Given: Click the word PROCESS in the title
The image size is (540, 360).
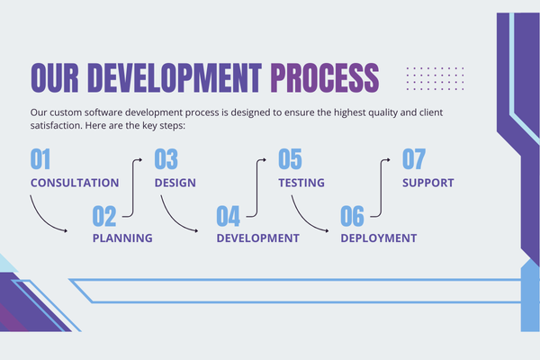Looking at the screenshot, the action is click(x=325, y=77).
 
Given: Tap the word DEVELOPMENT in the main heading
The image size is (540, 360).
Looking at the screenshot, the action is click(x=175, y=77).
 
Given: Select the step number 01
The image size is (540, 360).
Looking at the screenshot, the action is click(x=40, y=159).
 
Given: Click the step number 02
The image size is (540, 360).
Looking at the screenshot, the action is click(x=104, y=216).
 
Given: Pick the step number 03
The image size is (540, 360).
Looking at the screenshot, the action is click(x=166, y=159).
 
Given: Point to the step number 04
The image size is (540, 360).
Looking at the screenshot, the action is click(x=228, y=216).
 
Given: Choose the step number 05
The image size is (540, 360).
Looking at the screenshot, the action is click(x=290, y=159).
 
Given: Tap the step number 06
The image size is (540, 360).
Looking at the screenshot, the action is click(x=352, y=216).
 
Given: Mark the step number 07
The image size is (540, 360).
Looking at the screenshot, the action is click(x=414, y=159).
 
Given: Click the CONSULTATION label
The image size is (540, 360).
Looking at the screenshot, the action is click(x=75, y=183).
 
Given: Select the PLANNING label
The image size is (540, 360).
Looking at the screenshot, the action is click(x=122, y=238).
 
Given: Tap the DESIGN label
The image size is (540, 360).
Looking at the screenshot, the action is click(x=175, y=183).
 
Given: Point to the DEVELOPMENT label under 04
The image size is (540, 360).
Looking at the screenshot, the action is click(x=258, y=238).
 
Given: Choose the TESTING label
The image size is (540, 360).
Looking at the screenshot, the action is click(x=301, y=183).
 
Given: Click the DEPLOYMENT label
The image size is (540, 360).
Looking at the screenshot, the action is click(x=379, y=238).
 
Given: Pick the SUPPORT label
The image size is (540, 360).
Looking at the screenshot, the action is click(x=428, y=183).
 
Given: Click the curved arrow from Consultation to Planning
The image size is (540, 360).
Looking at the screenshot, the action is click(x=43, y=220).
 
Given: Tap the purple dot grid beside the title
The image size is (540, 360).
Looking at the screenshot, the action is click(x=435, y=78).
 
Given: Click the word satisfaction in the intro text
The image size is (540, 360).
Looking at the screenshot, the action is click(x=56, y=125).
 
